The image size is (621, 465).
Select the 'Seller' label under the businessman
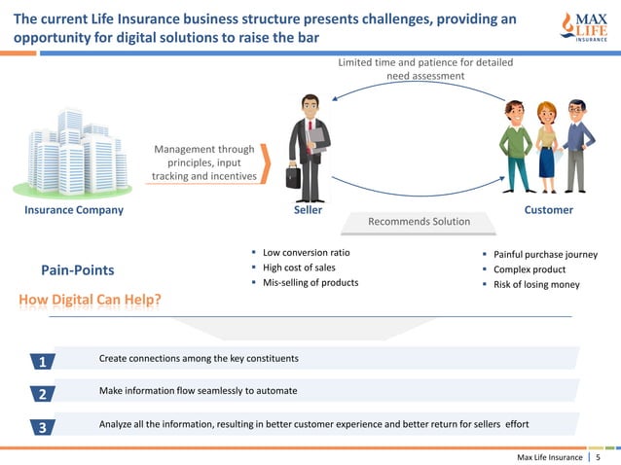point(308,210)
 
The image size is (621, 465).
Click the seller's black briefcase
point(293,176)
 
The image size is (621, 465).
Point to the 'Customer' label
point(548,210)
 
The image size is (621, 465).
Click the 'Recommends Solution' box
point(419,223)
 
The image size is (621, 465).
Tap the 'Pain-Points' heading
point(77,269)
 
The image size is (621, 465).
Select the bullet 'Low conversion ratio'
point(306,253)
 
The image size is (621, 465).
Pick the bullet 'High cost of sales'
point(299,268)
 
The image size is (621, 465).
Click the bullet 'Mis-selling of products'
point(310,282)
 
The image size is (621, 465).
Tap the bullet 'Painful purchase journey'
point(544,255)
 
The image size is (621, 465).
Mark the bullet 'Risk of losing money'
point(535,284)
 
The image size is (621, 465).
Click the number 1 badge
point(43,362)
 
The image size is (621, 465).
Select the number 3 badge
point(43,427)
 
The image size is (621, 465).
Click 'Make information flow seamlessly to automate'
point(198,390)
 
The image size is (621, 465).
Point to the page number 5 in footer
point(598,456)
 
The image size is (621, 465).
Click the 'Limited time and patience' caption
point(425,69)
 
